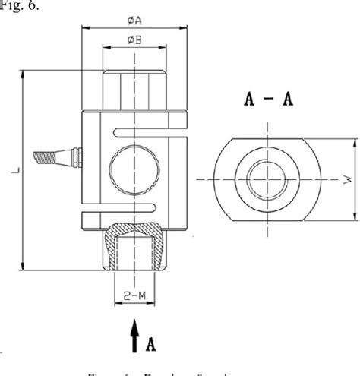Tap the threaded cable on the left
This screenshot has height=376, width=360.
46,158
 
